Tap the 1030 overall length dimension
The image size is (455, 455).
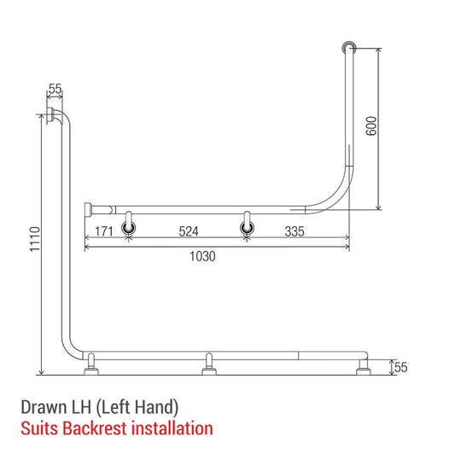[x=201, y=256]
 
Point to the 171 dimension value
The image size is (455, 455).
[x=105, y=230]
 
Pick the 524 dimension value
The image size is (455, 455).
[x=188, y=230]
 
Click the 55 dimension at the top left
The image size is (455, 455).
[x=55, y=89]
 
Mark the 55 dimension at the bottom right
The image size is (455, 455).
[x=400, y=368]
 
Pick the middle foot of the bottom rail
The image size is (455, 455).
[x=207, y=365]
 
